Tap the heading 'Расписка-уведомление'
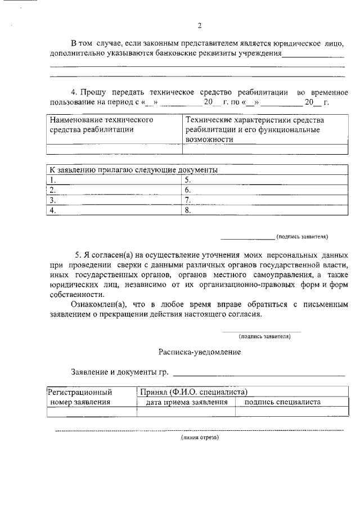click(x=199, y=352)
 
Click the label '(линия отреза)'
click(x=199, y=437)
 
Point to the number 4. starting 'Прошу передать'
click(x=73, y=92)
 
